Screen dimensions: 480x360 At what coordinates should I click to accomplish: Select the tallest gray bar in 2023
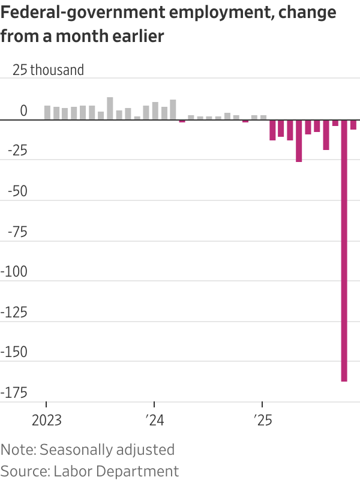(x=110, y=109)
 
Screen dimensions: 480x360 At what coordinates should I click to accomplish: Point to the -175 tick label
(x=16, y=392)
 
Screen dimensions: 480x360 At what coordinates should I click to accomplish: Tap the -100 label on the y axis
(x=16, y=271)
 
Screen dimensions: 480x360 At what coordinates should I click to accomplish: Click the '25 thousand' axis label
(x=49, y=70)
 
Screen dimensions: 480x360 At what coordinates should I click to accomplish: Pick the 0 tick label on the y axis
(x=23, y=110)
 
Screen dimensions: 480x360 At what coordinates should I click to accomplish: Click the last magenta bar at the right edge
(x=353, y=125)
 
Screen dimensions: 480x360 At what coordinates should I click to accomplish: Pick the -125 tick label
(x=16, y=312)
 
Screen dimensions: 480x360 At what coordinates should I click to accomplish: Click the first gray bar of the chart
(x=47, y=113)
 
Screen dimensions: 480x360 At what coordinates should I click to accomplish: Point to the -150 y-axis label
(x=16, y=352)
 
